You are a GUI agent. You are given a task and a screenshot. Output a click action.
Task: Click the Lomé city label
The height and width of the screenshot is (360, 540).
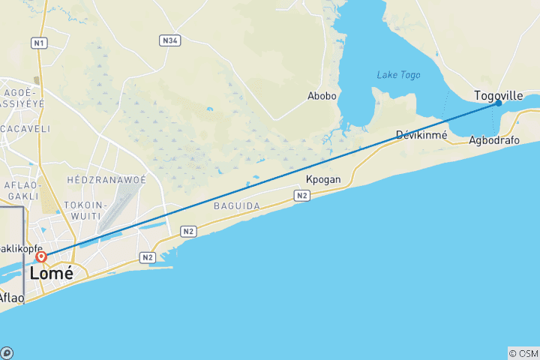pos(52,274)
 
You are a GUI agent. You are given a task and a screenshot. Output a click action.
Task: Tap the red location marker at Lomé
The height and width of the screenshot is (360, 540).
pos(41,257)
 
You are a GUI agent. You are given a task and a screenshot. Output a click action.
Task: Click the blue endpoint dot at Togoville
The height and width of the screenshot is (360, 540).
pos(498,103)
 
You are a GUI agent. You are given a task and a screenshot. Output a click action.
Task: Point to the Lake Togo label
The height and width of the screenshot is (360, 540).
pos(398,75)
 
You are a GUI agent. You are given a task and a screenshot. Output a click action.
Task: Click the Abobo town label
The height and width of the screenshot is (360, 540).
pos(322,96)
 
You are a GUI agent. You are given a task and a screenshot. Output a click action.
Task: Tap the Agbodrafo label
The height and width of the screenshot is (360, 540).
pos(493,140)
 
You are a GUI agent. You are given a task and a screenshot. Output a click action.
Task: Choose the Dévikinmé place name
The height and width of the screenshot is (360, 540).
pos(421,136)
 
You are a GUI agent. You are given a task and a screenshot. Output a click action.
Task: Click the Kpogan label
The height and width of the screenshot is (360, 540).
pos(324,180)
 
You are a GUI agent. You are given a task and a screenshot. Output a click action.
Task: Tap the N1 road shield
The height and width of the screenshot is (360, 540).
pos(39,43)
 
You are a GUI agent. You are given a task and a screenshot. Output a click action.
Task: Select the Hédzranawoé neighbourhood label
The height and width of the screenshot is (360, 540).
pos(106,181)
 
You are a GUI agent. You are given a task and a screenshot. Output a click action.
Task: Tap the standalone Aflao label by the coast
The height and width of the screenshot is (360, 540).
pos(11,298)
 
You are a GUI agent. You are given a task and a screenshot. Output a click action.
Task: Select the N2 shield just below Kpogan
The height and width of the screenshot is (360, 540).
pos(302,196)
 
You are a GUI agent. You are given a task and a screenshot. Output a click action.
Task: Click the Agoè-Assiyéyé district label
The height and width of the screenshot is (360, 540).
pos(22,103)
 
